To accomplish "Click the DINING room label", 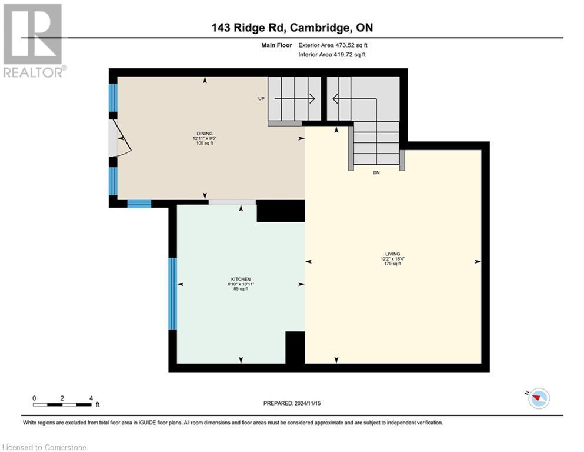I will [x=205, y=134].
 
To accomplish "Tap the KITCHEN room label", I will [x=241, y=279].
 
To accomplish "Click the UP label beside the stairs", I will [x=261, y=99].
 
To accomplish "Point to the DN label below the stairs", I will [x=376, y=173].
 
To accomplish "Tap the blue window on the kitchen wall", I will [x=172, y=294].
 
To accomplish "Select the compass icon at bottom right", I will [x=538, y=398].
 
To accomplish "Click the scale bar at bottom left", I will [x=62, y=404].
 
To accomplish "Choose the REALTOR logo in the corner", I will [x=34, y=40].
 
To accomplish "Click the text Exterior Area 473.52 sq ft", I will [x=333, y=45].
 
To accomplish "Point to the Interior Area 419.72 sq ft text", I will [x=332, y=55].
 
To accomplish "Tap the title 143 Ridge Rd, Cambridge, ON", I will [x=292, y=28].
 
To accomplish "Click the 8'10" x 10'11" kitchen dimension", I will [x=241, y=284].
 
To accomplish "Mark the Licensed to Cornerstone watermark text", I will [x=44, y=448].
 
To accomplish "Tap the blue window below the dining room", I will [x=139, y=204].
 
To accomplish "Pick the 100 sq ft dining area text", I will [x=205, y=143].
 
